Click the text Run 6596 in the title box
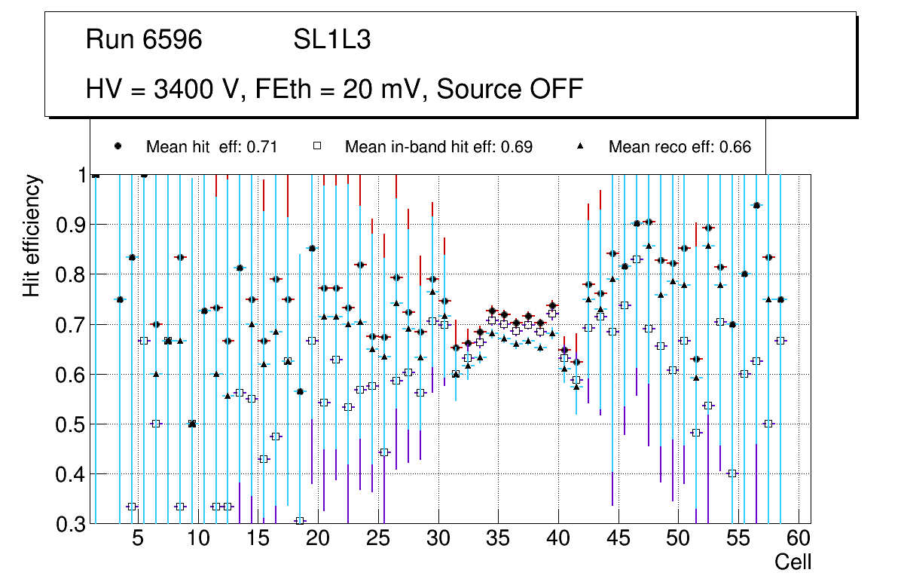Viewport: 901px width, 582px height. tap(144, 40)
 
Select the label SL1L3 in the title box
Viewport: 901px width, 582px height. tap(331, 40)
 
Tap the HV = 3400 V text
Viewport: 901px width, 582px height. tap(164, 89)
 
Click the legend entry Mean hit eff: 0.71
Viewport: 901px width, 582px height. tap(212, 147)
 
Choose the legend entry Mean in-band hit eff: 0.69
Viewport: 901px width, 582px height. tap(438, 147)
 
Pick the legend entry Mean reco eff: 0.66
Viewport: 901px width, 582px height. tap(680, 147)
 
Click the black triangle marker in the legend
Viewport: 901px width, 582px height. tap(581, 146)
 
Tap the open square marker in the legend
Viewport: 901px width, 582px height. tap(317, 146)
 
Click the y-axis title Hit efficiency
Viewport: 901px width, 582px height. tap(32, 235)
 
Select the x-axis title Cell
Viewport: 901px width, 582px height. tap(793, 562)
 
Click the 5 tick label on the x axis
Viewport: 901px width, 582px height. tap(137, 540)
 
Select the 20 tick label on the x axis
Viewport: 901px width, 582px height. tap(318, 540)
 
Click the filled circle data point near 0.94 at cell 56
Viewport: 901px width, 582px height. tap(756, 205)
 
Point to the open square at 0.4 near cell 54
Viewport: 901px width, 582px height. tap(731, 473)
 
